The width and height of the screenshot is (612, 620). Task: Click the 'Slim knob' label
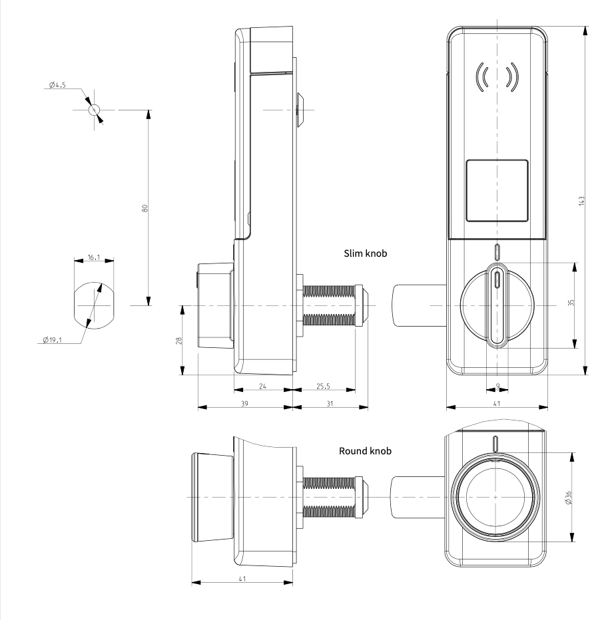tap(365, 253)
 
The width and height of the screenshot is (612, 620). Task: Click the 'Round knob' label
tap(365, 451)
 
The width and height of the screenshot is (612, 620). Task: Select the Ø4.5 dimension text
tap(57, 84)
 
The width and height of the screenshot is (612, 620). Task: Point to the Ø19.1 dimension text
tap(52, 340)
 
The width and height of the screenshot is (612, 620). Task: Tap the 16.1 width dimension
tap(94, 257)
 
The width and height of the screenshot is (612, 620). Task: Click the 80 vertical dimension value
tap(145, 208)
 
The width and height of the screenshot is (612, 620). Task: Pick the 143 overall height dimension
tap(581, 200)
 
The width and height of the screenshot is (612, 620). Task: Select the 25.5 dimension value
tap(323, 387)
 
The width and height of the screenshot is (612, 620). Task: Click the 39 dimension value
tap(244, 404)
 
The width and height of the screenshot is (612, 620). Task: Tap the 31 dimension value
tap(330, 404)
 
